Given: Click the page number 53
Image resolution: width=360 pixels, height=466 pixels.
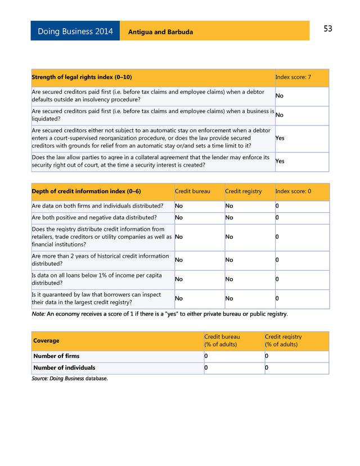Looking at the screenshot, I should [328, 29].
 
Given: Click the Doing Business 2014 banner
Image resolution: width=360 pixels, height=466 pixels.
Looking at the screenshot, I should [75, 32].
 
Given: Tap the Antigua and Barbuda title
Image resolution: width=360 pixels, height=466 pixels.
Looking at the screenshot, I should [160, 32].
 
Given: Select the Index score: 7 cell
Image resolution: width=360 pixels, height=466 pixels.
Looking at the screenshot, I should [293, 77].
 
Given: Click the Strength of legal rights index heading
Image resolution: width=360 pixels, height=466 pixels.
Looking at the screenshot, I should [82, 77].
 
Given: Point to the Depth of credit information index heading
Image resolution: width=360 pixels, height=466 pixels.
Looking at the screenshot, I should [86, 191].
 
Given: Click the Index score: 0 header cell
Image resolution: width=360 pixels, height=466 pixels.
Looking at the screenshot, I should [293, 191].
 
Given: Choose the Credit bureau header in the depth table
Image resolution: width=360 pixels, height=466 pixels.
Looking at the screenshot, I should [192, 191].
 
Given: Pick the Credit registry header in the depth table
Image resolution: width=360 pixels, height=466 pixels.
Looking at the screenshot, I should [243, 191].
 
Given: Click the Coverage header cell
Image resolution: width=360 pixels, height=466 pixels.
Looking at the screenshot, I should [46, 340].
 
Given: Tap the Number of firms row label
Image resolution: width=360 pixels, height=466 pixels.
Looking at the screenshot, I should [56, 356].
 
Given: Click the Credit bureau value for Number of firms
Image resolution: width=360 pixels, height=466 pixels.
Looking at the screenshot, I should [206, 356].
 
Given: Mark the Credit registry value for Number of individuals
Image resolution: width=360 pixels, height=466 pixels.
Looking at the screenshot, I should [267, 368].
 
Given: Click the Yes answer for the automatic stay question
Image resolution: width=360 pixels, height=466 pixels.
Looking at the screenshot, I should [280, 138].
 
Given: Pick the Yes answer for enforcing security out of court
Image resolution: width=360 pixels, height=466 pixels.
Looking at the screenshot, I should [280, 162].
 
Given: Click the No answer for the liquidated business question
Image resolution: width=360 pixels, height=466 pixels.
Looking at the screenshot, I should [279, 115].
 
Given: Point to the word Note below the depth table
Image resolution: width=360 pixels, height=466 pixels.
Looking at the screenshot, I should [38, 314].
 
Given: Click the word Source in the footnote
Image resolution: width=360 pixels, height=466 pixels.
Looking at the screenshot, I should [39, 379].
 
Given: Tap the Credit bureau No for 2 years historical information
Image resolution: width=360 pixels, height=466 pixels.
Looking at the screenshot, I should [178, 260].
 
